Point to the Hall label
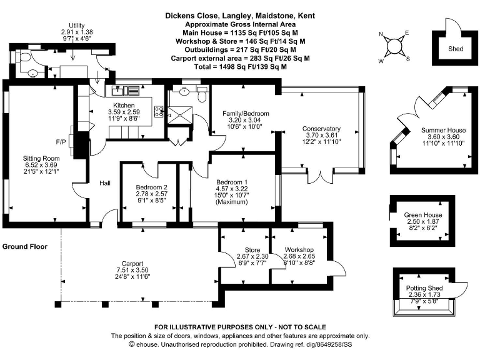click(105, 183)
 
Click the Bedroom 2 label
click(152, 187)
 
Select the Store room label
click(244, 251)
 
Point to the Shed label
click(456, 49)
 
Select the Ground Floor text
click(25, 247)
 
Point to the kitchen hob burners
click(159, 113)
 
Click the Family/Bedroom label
click(246, 113)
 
